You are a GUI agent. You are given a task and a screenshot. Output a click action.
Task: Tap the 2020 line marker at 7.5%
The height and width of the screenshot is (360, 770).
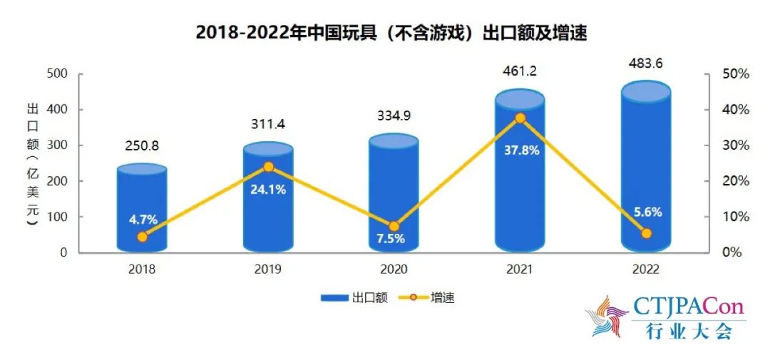point(394,227)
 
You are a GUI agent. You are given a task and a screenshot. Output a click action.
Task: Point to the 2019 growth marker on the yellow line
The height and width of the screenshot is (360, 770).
point(268,168)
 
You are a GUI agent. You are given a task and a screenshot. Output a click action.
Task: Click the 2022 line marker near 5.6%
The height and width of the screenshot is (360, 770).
point(646,233)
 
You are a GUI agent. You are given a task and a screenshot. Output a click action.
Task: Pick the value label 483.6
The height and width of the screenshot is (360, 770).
point(645,63)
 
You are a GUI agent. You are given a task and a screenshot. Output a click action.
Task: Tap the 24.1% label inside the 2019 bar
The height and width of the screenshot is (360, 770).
point(268,190)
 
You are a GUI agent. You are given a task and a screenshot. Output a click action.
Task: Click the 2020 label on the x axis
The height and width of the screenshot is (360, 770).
point(394,269)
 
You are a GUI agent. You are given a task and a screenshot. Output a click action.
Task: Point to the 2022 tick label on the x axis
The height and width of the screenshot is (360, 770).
point(646,269)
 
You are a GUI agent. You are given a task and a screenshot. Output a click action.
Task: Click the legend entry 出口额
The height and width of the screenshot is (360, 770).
point(355,298)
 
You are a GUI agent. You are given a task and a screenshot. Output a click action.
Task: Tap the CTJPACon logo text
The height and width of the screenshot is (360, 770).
point(688,308)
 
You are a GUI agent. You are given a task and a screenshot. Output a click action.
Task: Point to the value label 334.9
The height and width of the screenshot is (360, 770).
point(394,116)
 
